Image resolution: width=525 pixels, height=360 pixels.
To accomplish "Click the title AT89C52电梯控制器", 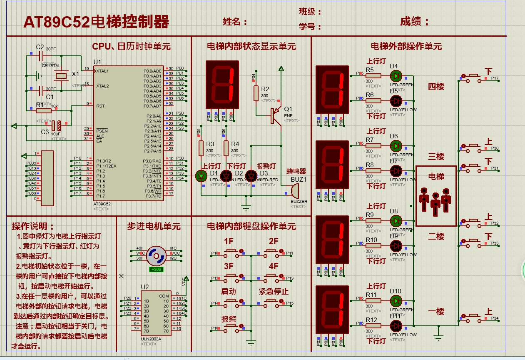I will (x=96, y=22).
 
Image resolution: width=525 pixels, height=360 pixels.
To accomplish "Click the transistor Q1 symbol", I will (x=275, y=115).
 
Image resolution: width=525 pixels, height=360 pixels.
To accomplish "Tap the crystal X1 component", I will (x=62, y=75).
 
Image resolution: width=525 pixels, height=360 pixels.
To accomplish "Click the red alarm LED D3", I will (x=251, y=176).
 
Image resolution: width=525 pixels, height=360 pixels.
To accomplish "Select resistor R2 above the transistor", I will (x=256, y=93).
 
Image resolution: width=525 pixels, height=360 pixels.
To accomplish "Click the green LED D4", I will (x=396, y=76).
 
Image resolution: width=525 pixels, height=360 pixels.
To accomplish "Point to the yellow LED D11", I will (x=396, y=326).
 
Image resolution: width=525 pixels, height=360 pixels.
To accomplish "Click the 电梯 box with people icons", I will (x=436, y=196).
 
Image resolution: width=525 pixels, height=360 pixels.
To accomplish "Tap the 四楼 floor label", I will (x=436, y=87).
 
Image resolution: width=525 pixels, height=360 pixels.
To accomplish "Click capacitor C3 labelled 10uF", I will (x=56, y=125).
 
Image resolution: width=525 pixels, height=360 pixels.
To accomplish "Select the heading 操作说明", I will (x=33, y=226).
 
